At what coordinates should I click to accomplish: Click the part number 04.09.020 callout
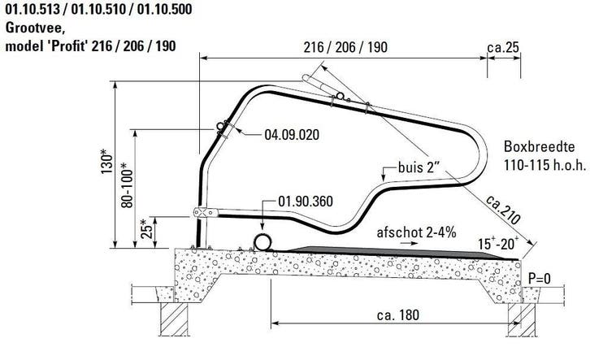pos(292,135)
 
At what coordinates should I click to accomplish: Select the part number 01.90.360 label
pos(306,202)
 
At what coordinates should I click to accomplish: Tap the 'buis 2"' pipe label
pos(419,167)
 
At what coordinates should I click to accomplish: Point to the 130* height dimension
pos(106,161)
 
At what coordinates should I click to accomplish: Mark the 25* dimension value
pos(147,228)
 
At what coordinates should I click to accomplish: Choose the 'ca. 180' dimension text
pos(398,315)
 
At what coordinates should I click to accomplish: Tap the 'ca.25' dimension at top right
pos(503,48)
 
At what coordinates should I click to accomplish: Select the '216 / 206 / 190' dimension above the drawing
pos(345,47)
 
